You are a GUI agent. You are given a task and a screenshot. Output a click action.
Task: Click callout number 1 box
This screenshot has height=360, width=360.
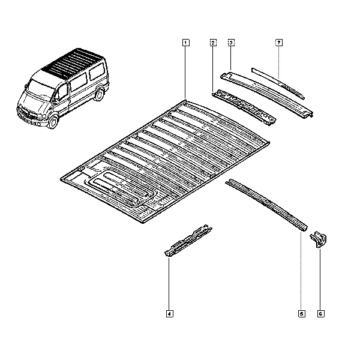click(x=186, y=43)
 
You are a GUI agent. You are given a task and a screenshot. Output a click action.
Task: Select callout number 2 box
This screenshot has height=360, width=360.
click(x=213, y=43)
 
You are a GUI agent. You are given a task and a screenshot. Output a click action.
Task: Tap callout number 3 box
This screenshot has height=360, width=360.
click(x=231, y=43)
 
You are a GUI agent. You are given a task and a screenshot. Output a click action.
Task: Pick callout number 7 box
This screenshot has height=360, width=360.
click(x=279, y=43)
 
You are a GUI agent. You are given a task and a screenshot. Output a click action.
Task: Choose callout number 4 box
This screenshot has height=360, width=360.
click(x=169, y=314)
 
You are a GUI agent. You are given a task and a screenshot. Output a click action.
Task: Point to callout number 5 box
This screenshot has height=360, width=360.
click(x=302, y=314)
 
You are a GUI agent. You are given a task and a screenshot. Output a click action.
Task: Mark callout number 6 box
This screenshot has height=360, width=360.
click(x=321, y=314)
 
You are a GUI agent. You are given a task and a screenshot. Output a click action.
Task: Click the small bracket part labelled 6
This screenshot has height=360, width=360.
click(x=319, y=239)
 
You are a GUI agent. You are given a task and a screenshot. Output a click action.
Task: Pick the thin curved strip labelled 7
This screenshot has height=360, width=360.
click(x=278, y=83)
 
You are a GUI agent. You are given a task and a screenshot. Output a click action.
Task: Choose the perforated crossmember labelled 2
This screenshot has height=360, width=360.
click(x=244, y=107)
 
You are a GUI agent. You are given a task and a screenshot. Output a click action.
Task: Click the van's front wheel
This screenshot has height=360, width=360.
click(x=53, y=122)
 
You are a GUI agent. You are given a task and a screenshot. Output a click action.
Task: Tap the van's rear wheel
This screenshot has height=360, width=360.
click(x=99, y=95)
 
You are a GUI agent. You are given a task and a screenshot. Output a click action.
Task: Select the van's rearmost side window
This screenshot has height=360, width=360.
click(x=97, y=71)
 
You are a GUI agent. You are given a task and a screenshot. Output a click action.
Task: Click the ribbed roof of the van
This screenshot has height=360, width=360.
click(x=73, y=62)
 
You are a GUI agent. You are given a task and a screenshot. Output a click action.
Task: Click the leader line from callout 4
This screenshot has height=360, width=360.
click(x=169, y=284)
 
